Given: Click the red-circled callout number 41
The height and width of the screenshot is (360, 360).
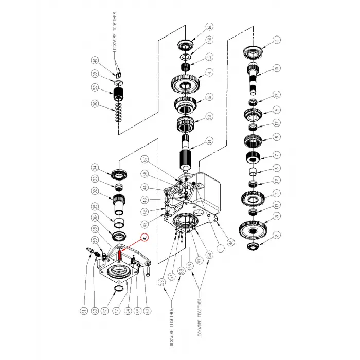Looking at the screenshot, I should click(x=145, y=237).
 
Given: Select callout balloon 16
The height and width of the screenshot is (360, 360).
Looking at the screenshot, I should click(x=209, y=27).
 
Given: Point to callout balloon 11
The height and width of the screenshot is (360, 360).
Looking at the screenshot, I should click(x=277, y=40).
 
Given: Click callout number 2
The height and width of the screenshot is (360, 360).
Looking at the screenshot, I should click(x=277, y=235).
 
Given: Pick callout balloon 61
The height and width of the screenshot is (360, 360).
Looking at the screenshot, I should click(x=83, y=310).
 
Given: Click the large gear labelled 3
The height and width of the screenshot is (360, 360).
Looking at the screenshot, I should click(x=254, y=227).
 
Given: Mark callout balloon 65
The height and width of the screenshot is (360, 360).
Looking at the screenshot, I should click(x=95, y=229).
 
